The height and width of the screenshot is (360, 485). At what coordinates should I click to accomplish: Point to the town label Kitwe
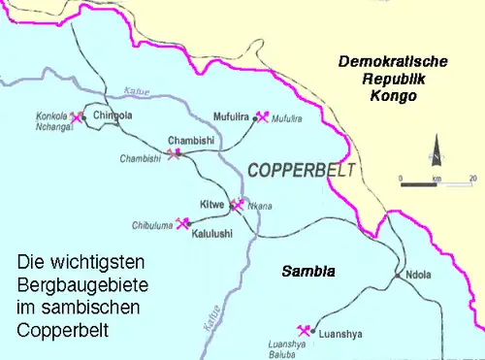211,204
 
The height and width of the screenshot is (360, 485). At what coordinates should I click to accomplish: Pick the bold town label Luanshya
340,333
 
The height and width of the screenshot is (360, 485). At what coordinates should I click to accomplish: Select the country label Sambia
307,272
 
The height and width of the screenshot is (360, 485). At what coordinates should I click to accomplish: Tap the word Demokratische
393,61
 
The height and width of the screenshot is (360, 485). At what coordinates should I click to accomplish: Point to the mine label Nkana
260,206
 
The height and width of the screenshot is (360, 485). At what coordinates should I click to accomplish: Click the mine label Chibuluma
152,225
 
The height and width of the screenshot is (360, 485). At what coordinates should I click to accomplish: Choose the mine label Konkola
52,114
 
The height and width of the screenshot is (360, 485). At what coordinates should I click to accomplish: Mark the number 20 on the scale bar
472,178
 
